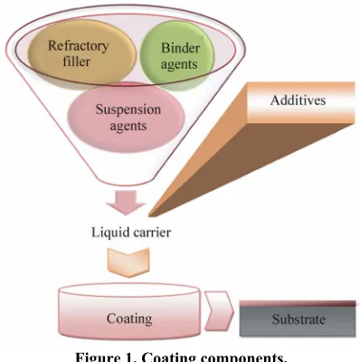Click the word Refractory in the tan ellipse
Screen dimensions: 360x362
click(79, 46)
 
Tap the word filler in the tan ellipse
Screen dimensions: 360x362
click(77, 62)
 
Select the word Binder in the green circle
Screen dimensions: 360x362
click(180, 48)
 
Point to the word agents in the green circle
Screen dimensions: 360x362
click(179, 64)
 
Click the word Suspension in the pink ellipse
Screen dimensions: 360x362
click(128, 110)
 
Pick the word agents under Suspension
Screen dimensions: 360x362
click(128, 126)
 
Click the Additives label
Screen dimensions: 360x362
click(298, 100)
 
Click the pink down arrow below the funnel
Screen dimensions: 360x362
click(126, 202)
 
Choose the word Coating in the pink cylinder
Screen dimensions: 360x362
click(129, 319)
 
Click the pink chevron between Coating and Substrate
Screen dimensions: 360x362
click(219, 310)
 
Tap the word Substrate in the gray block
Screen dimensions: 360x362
click(298, 319)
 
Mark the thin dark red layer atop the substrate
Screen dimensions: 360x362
click(298, 303)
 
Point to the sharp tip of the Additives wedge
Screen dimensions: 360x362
click(149, 216)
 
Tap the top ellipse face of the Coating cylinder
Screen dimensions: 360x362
click(129, 291)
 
